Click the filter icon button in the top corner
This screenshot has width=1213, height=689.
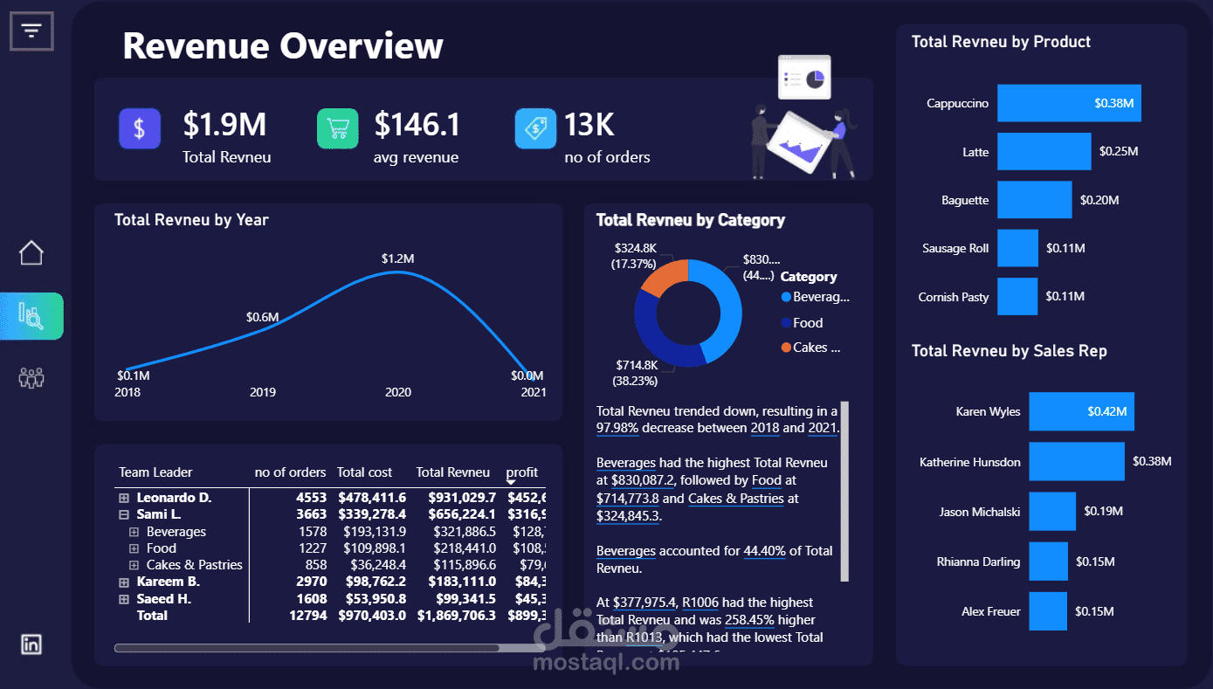click(31, 31)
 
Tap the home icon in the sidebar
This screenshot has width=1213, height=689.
click(31, 253)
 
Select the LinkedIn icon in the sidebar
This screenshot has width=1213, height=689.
click(31, 644)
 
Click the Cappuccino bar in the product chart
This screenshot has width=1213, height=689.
click(1068, 103)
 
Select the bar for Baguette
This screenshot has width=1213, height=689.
click(1034, 200)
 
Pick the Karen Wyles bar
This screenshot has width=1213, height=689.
click(1081, 411)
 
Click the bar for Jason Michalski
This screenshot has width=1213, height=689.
click(1051, 512)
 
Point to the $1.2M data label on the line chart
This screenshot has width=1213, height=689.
click(397, 258)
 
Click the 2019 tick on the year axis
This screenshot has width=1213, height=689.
click(263, 392)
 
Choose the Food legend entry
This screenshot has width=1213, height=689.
click(808, 323)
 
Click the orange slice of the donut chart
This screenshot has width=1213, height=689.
click(663, 279)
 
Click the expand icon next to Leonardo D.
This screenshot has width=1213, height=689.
click(124, 498)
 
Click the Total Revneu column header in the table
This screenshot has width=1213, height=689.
click(452, 472)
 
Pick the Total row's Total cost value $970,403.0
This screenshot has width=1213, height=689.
click(371, 616)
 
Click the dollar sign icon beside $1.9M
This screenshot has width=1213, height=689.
click(140, 129)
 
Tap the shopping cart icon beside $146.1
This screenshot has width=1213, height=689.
click(337, 129)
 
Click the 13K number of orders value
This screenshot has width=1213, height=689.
click(589, 125)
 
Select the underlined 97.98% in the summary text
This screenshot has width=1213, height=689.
click(618, 428)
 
